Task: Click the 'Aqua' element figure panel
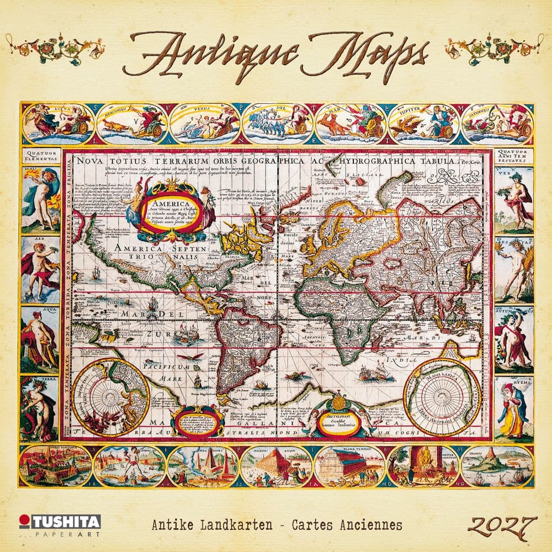point(40,338)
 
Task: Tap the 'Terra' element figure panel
point(40,408)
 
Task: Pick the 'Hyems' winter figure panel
point(513,408)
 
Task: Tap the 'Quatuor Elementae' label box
point(40,157)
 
